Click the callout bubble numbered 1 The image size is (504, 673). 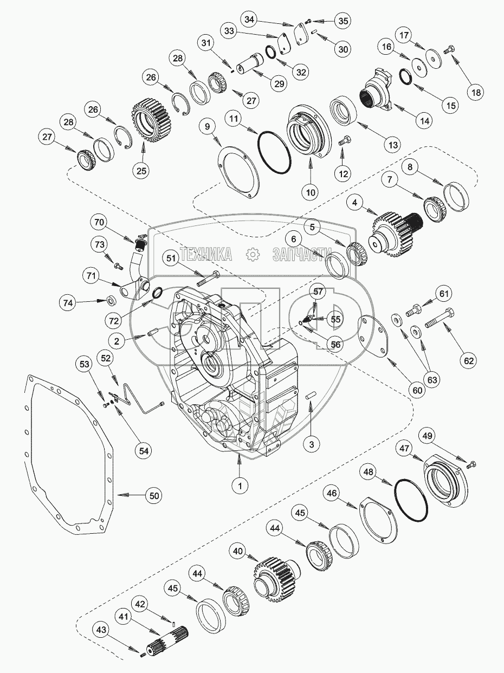[x=240, y=486]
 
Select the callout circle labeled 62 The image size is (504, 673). [x=469, y=360]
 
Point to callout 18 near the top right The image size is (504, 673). [x=476, y=92]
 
